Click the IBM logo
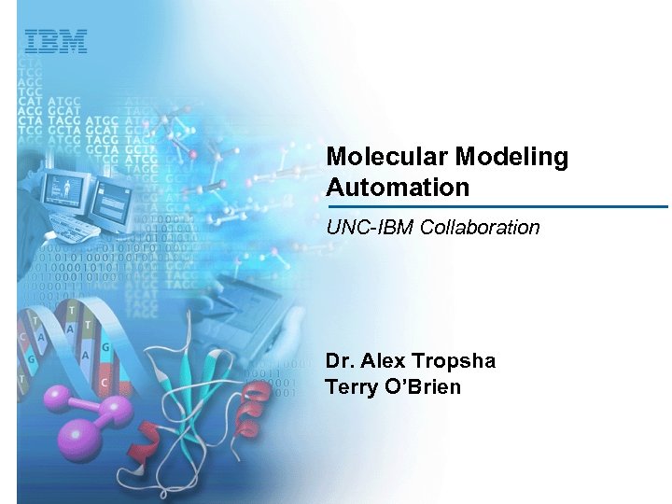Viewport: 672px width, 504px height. click(x=55, y=41)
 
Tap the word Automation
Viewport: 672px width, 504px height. click(x=398, y=188)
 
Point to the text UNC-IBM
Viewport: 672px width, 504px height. click(x=359, y=227)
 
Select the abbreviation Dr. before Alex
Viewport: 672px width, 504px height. click(x=340, y=361)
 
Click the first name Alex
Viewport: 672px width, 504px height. click(x=383, y=361)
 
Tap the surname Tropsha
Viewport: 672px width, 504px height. click(x=454, y=361)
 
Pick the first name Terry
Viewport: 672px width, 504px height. click(x=350, y=386)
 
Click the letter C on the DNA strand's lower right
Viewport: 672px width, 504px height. click(x=105, y=384)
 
